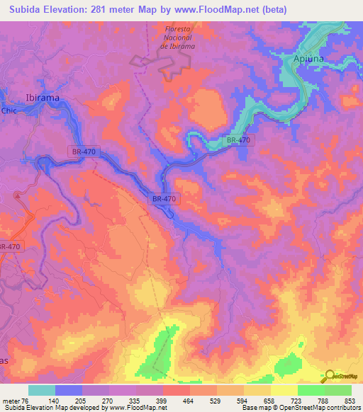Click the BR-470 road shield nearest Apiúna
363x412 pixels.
239,140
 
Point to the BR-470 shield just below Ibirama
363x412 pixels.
84,151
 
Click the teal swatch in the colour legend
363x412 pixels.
42,390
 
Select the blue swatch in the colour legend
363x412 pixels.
69,390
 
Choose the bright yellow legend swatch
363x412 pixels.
284,390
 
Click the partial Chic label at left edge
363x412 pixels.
9,110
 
